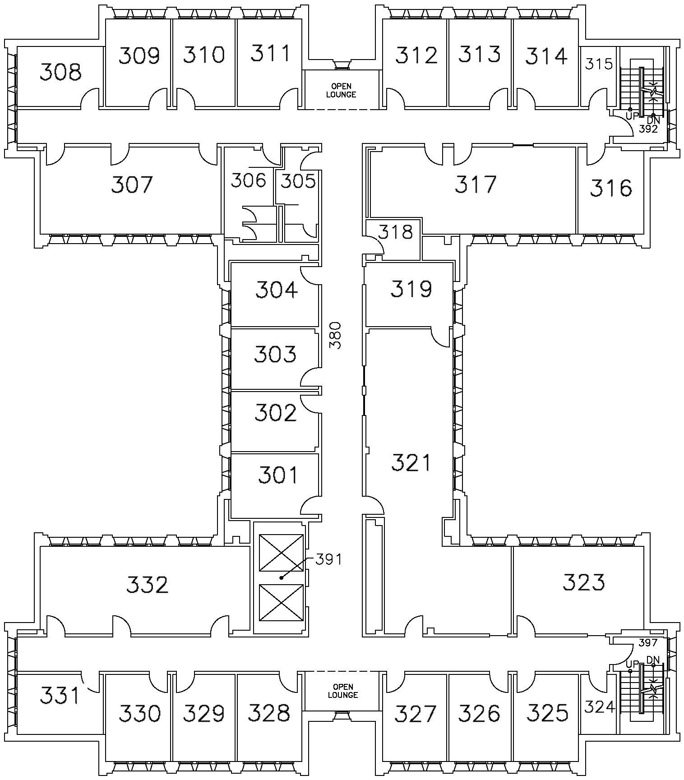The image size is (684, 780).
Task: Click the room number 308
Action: coord(60,72)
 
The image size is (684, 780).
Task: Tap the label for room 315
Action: coord(599,64)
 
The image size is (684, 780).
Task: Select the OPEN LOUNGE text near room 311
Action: coord(341,90)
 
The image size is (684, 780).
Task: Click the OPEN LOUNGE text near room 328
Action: coord(342,691)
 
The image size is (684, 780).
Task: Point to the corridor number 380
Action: coord(336,335)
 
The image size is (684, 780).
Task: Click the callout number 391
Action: coord(328,559)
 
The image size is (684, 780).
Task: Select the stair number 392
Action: coord(648,129)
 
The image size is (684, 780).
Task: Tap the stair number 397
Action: coord(648,642)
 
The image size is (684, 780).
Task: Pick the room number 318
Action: coord(395,232)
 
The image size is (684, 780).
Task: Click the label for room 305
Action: coord(298,181)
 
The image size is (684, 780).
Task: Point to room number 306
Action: coord(248,180)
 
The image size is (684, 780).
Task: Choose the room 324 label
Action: coord(599,706)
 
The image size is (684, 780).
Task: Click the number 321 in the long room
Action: coord(411,463)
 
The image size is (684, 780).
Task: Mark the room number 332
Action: coord(147,585)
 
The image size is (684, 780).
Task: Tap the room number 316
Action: coord(611,188)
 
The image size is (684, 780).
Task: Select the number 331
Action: coord(60,695)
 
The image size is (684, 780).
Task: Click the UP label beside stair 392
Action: coord(632,116)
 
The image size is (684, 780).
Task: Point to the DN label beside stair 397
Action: coord(653,660)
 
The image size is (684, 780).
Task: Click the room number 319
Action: coord(411,289)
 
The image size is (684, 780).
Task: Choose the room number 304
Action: coord(276,290)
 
